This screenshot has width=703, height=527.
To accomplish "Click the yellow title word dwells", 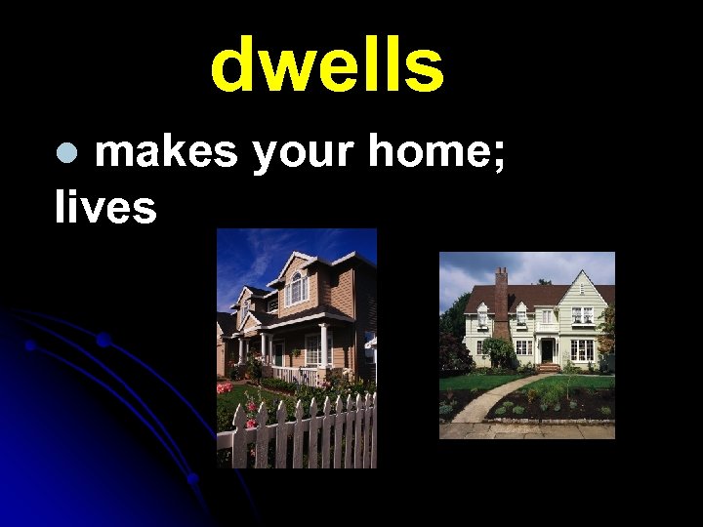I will [x=327, y=66].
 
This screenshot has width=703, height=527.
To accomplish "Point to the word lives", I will [x=105, y=207].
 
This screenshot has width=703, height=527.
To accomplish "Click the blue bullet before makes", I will [x=65, y=153].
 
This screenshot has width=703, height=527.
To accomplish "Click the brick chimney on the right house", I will [x=502, y=298].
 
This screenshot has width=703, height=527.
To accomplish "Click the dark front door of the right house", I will [x=547, y=350].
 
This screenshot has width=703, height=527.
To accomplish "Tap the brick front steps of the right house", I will [x=547, y=369].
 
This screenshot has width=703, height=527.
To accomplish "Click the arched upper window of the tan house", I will [x=297, y=287].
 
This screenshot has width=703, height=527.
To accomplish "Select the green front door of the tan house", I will [x=280, y=353].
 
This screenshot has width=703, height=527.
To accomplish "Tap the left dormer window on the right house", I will [x=481, y=317].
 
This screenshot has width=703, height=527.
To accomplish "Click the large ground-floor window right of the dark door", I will [x=582, y=349].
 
